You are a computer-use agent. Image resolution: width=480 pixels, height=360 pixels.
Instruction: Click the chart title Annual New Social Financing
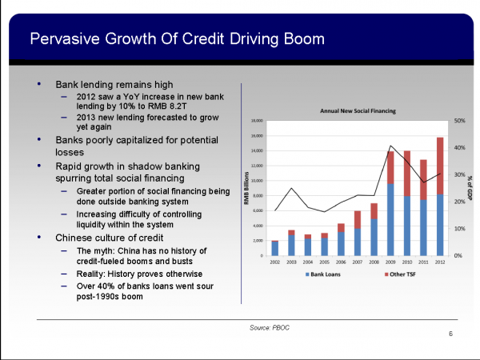358,110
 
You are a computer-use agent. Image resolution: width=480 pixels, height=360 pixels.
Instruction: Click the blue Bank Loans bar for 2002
275,248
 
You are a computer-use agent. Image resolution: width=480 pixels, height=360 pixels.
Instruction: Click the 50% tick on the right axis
459,121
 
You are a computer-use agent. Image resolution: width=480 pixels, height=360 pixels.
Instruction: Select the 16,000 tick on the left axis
258,136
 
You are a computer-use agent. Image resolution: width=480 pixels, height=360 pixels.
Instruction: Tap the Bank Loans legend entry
325,274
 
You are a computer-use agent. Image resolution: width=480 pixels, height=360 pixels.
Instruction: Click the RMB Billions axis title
246,188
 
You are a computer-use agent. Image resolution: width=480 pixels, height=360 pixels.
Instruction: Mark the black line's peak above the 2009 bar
390,146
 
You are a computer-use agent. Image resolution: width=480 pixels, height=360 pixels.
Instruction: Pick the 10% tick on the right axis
459,229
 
